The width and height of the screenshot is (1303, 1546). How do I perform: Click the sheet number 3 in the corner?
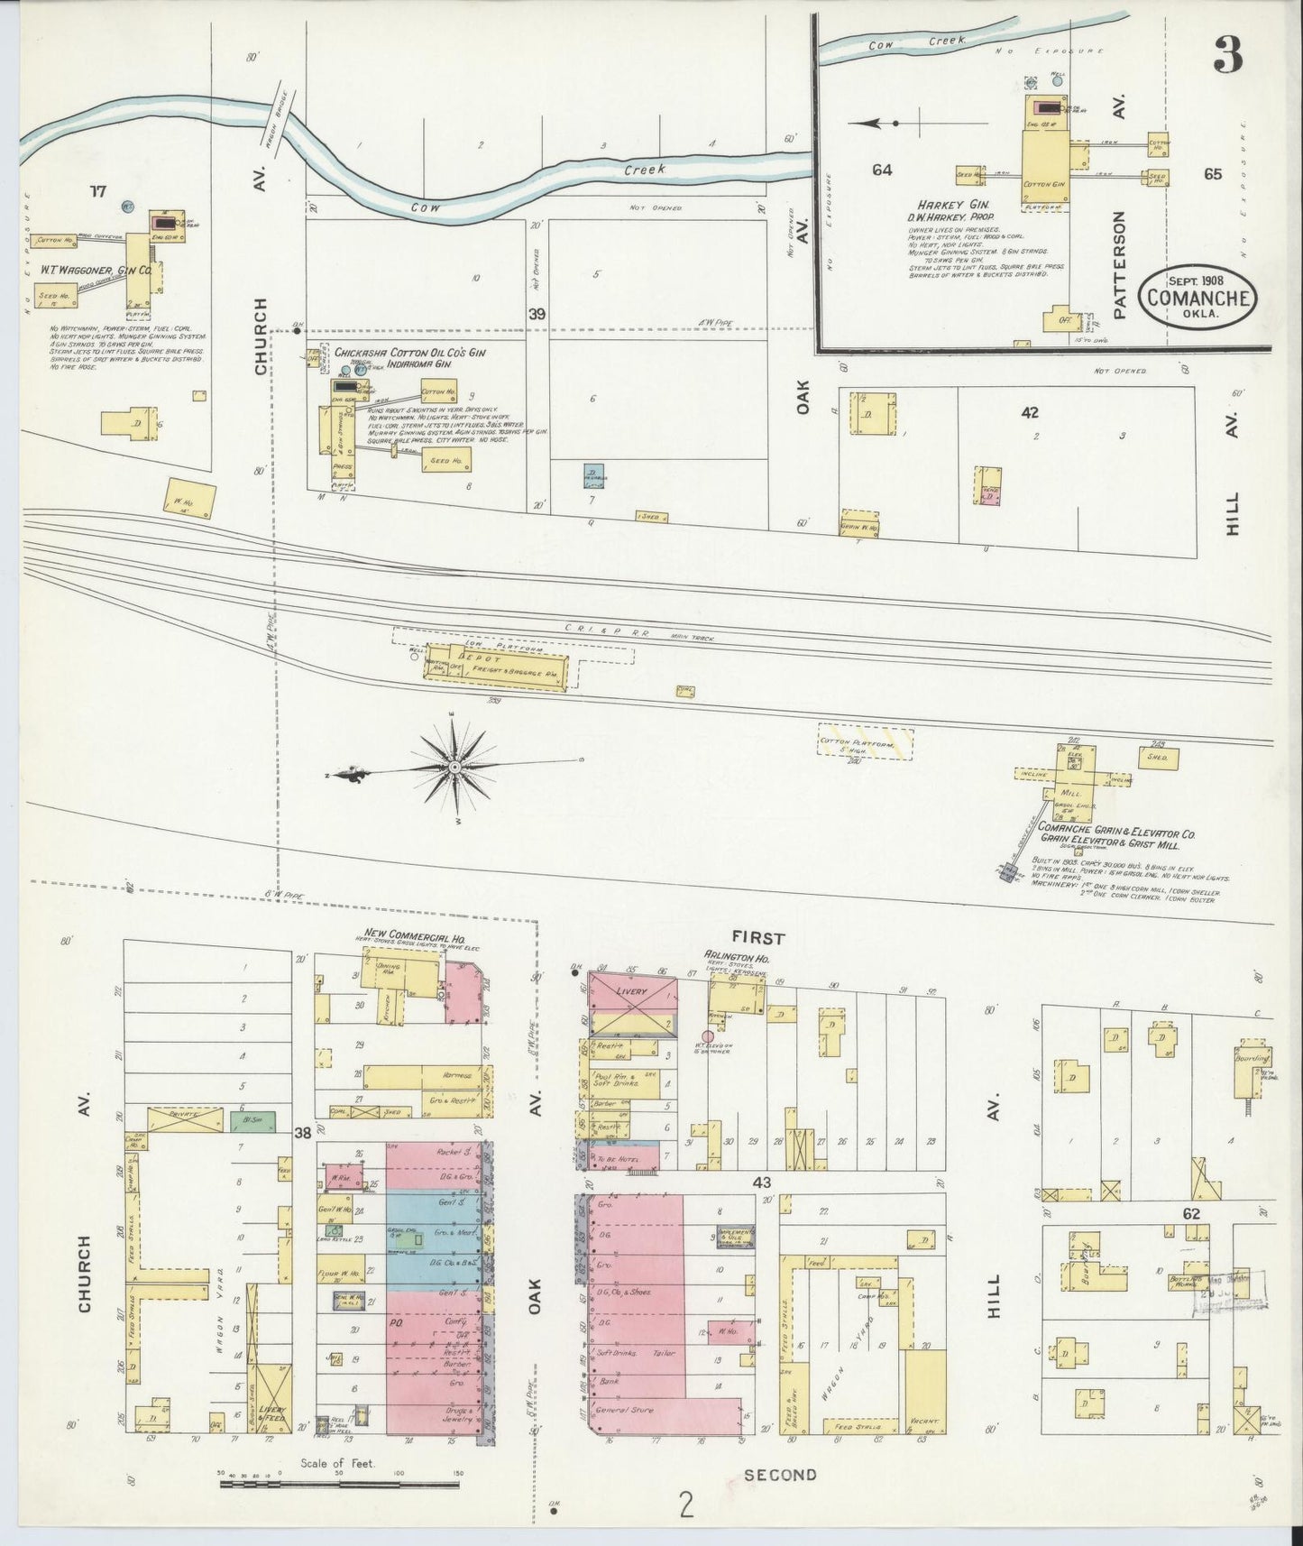pyautogui.click(x=1227, y=56)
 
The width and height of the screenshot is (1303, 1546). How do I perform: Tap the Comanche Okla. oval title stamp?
pyautogui.click(x=1197, y=294)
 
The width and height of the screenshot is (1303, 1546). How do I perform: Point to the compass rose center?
pyautogui.click(x=455, y=768)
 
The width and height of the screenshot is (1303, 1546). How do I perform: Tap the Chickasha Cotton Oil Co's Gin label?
pyautogui.click(x=410, y=353)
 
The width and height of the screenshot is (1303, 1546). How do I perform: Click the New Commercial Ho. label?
pyautogui.click(x=407, y=934)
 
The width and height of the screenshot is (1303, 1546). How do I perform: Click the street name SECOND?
pyautogui.click(x=780, y=1475)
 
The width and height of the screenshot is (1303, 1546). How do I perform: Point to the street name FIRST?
pyautogui.click(x=759, y=938)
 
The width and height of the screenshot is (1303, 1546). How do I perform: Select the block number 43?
pyautogui.click(x=761, y=1183)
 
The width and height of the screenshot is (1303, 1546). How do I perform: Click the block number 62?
pyautogui.click(x=1190, y=1215)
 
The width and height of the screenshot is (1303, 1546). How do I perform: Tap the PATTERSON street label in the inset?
pyautogui.click(x=1121, y=265)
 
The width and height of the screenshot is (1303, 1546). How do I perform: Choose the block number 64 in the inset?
pyautogui.click(x=881, y=169)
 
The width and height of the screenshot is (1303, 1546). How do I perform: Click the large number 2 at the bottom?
pyautogui.click(x=687, y=1505)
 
